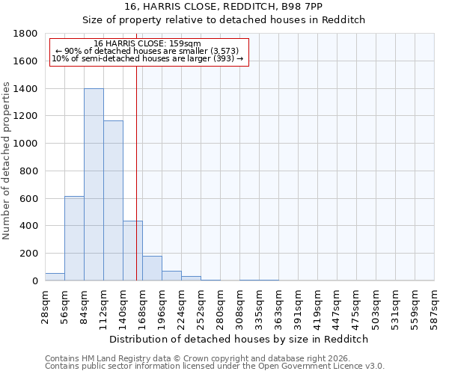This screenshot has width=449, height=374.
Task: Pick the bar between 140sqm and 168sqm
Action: tap(132, 251)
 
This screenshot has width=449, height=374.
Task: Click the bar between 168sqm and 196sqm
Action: tap(152, 269)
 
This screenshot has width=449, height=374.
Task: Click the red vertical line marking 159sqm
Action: tap(136, 172)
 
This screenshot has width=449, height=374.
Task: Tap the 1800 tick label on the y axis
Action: tap(27, 34)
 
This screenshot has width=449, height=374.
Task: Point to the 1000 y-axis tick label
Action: tap(27, 144)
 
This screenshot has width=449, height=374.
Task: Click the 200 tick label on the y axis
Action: tap(30, 254)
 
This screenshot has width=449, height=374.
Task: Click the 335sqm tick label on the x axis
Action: tap(259, 305)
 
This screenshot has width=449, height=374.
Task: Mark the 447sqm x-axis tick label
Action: tap(337, 305)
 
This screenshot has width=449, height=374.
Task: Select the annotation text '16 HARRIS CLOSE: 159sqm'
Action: tap(147, 44)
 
